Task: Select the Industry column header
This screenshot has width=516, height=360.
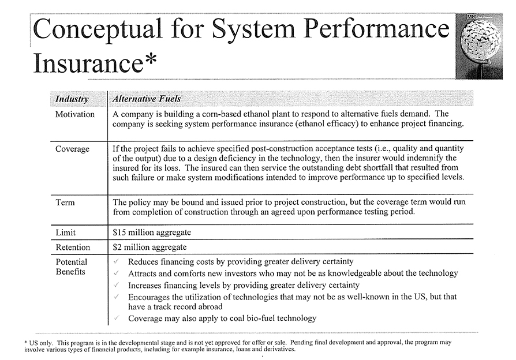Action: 72,99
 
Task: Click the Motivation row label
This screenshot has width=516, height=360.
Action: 74,114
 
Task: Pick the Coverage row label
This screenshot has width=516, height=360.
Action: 72,149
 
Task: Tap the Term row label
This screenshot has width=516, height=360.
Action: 65,202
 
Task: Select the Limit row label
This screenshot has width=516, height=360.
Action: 66,232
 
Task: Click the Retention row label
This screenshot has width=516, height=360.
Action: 73,247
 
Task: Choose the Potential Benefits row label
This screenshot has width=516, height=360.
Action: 71,267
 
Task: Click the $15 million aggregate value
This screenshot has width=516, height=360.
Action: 152,232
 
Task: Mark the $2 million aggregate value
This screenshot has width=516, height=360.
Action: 149,247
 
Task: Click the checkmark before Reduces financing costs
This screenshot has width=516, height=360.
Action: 117,262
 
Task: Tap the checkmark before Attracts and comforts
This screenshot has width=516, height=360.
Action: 117,273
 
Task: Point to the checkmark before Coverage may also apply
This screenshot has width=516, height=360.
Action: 117,318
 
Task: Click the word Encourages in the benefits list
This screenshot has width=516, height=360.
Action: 151,297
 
